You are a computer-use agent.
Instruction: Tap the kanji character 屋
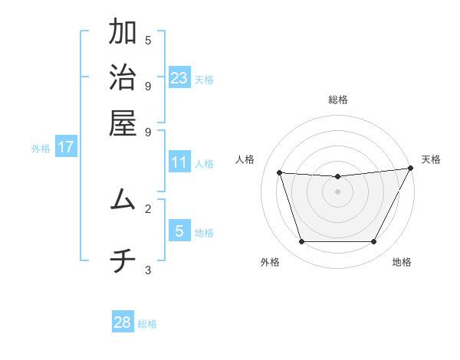click(123, 123)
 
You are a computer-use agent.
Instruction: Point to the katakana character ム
click(123, 200)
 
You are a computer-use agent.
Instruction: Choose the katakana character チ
click(123, 262)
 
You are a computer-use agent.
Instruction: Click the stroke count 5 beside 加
click(148, 41)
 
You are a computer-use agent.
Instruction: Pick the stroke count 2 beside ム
click(148, 208)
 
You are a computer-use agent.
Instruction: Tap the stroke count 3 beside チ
click(148, 270)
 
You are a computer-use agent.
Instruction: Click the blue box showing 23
click(179, 78)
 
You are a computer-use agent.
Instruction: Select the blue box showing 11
click(179, 162)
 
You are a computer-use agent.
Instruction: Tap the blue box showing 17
click(66, 147)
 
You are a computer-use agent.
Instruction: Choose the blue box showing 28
click(122, 322)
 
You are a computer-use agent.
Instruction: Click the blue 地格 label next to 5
click(205, 233)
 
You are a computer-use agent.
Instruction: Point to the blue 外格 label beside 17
click(41, 149)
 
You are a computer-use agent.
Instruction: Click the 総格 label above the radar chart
click(338, 100)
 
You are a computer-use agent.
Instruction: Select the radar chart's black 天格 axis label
click(431, 159)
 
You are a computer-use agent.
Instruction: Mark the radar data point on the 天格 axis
click(410, 169)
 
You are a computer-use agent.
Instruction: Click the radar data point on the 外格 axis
click(301, 242)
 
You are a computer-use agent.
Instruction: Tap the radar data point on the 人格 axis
click(280, 173)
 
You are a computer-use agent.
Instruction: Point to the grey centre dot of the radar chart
click(337, 191)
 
